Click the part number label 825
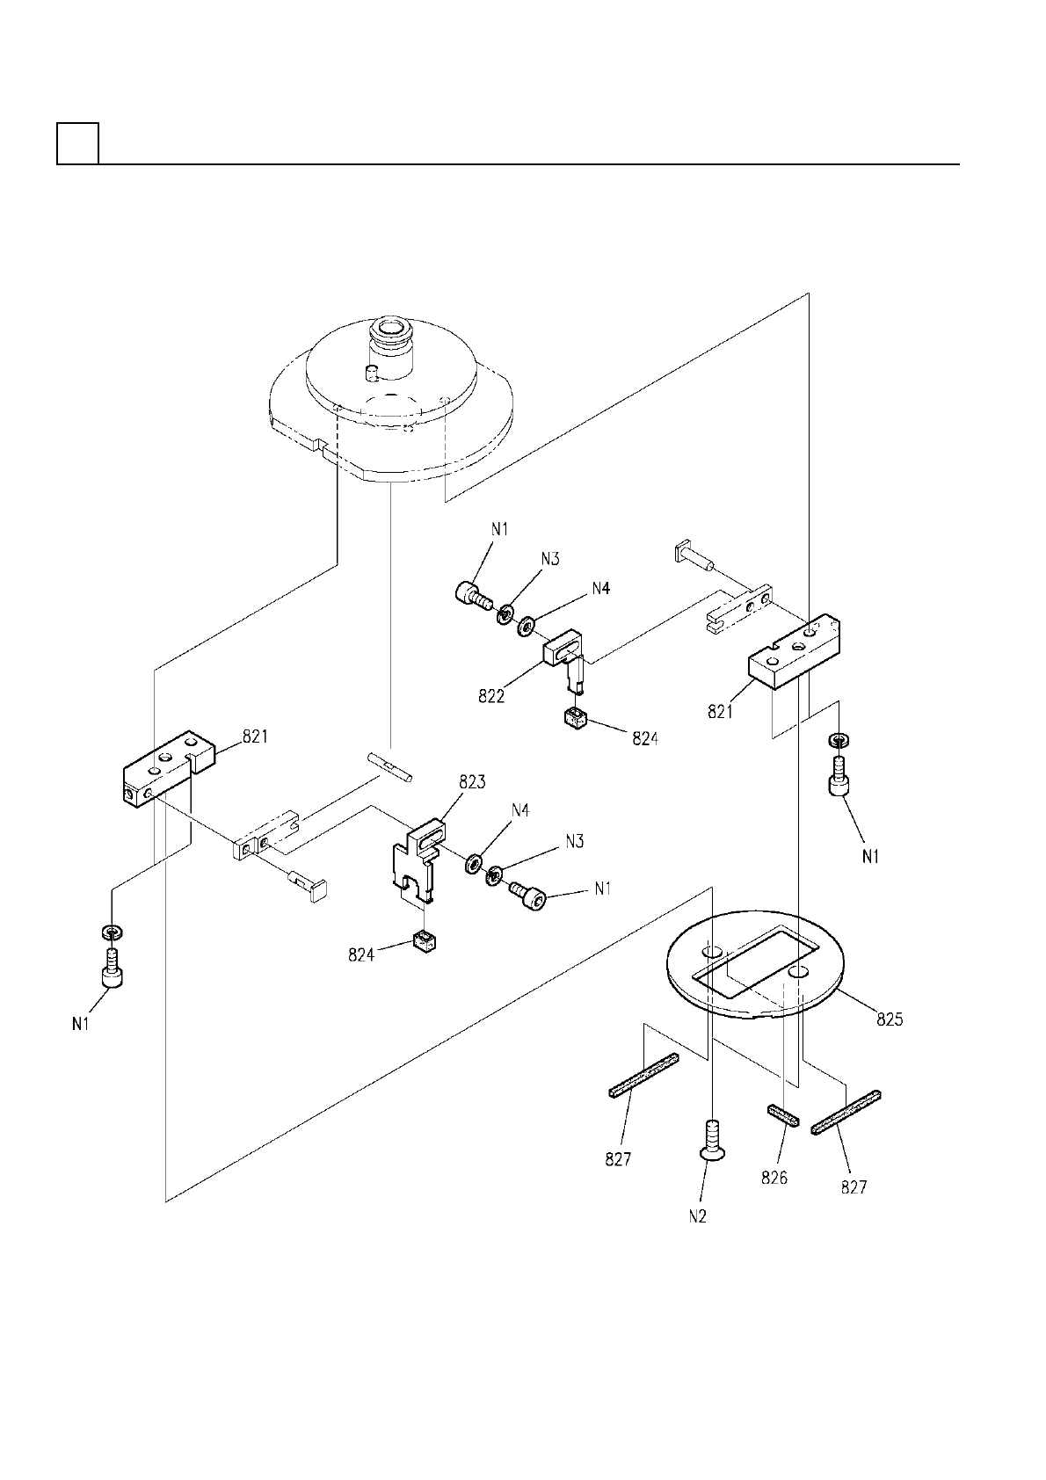point(890,1019)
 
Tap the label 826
point(774,1178)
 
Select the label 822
point(491,695)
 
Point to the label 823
point(472,781)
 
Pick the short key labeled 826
point(782,1114)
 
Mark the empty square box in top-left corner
point(77,143)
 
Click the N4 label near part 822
point(599,589)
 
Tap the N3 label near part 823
point(574,841)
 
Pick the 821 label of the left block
point(255,737)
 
